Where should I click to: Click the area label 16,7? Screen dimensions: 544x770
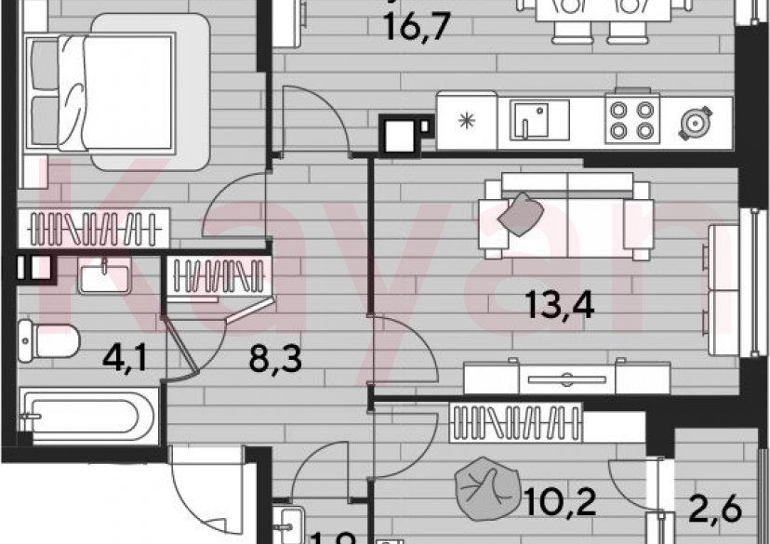point(418,25)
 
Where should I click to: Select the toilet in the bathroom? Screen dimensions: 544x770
point(51,338)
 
